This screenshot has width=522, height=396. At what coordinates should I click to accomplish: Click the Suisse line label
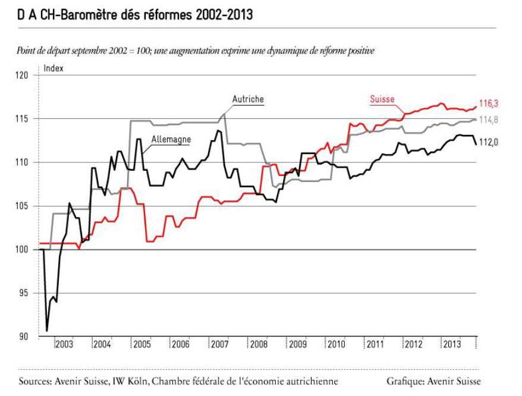coord(382,99)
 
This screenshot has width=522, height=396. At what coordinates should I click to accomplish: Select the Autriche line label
coord(248,99)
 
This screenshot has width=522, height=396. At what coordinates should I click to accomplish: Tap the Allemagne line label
coord(171,139)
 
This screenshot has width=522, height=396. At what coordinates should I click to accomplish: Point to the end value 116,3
coord(488,103)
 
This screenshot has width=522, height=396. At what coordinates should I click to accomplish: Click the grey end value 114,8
coord(488,120)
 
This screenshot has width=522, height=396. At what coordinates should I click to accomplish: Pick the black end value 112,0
coord(488,142)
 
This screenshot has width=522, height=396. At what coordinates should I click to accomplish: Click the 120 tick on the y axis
coord(21,76)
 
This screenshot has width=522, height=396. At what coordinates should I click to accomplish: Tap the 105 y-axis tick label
coord(21,206)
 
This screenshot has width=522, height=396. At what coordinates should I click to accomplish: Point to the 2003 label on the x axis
coord(64,344)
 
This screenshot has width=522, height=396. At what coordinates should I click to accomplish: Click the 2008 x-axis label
coord(259,344)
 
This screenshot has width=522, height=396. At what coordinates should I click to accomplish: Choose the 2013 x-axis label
coord(452,344)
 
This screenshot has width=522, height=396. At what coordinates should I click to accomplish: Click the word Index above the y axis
coord(54,68)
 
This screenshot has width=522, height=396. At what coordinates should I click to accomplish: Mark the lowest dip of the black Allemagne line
coord(46,331)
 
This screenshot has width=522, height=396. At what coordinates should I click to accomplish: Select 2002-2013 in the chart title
coord(224,15)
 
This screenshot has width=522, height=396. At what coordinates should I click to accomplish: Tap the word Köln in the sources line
coord(138,381)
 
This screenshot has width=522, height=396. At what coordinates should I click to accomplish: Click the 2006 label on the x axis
coord(180,344)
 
